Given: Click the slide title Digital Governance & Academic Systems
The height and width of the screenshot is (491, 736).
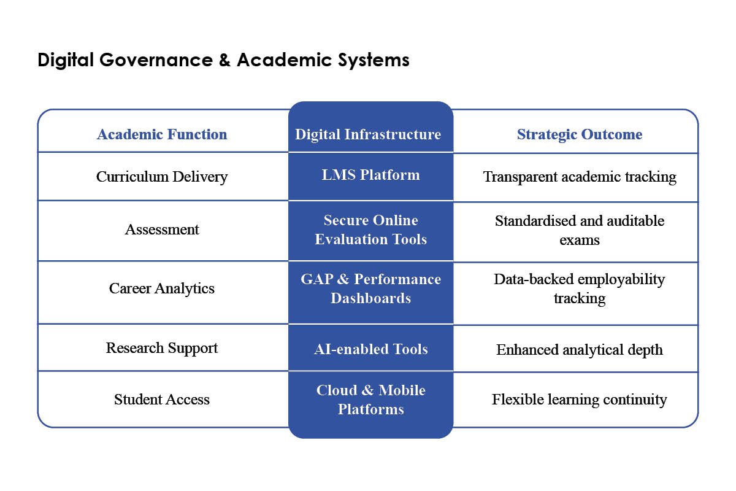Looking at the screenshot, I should click(223, 60).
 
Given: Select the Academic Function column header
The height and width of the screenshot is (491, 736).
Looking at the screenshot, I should click(162, 134).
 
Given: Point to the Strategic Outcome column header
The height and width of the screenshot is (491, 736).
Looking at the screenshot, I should click(580, 134).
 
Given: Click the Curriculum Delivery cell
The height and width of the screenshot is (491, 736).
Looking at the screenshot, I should click(162, 177).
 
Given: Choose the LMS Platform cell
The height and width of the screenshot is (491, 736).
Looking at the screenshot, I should click(370, 175).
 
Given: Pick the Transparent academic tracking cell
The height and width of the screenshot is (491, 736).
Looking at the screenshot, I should click(580, 177).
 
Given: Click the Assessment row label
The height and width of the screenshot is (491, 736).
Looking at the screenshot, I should click(162, 230).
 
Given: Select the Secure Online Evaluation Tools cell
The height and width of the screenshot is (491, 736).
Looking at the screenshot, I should click(370, 230).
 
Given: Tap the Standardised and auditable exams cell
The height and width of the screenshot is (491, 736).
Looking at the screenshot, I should click(580, 230).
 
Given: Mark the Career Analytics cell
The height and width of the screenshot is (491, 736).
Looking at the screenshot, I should click(162, 288).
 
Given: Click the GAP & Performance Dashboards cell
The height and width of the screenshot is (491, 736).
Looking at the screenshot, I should click(370, 288).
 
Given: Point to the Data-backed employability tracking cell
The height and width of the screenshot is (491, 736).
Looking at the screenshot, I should click(580, 288).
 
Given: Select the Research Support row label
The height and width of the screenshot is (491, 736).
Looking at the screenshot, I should click(162, 348).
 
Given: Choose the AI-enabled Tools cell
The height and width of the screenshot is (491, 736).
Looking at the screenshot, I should click(370, 349).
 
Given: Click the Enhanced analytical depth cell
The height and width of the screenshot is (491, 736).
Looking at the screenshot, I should click(580, 350).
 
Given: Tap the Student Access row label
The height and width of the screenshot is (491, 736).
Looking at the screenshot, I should click(162, 400).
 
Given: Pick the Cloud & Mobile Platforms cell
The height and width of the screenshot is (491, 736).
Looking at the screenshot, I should click(370, 400).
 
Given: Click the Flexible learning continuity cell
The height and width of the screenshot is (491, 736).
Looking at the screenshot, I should click(580, 400).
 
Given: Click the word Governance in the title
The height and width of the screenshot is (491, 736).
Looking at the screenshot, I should click(153, 60).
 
